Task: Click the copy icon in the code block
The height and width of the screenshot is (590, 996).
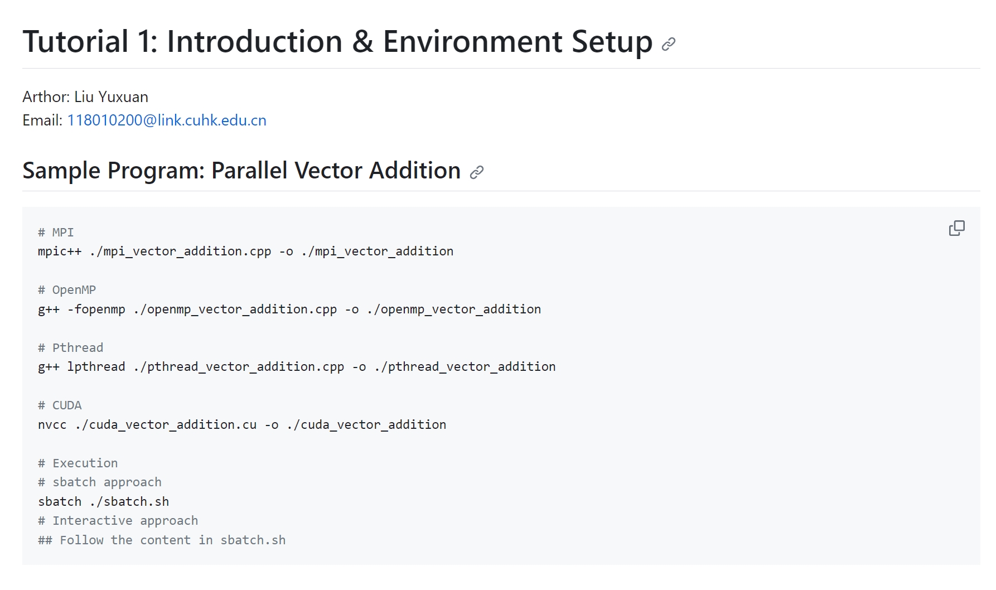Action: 956,228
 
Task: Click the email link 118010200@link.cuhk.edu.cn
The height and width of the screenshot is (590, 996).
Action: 167,120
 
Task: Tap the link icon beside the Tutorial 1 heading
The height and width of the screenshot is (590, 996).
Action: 668,44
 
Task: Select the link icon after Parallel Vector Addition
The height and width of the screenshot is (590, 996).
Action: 476,172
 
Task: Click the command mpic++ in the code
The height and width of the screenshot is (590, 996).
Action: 60,252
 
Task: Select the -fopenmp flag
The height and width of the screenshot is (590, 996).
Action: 96,309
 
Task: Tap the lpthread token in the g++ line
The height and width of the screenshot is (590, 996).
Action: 96,367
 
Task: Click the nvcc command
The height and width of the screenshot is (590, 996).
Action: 52,425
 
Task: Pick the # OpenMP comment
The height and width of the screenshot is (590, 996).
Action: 67,290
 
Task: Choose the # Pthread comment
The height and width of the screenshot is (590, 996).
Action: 71,348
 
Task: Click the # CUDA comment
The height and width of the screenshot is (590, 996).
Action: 60,405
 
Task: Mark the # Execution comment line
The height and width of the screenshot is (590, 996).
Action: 78,463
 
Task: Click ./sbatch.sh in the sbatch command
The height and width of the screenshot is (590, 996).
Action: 129,502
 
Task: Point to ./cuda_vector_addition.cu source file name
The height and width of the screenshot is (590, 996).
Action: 166,425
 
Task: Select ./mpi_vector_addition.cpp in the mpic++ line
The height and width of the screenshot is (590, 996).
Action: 181,252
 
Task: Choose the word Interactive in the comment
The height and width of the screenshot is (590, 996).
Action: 93,521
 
